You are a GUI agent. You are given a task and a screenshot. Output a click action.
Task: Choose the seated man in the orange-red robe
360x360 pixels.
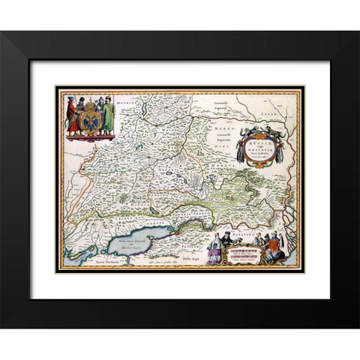click(281, 247)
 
